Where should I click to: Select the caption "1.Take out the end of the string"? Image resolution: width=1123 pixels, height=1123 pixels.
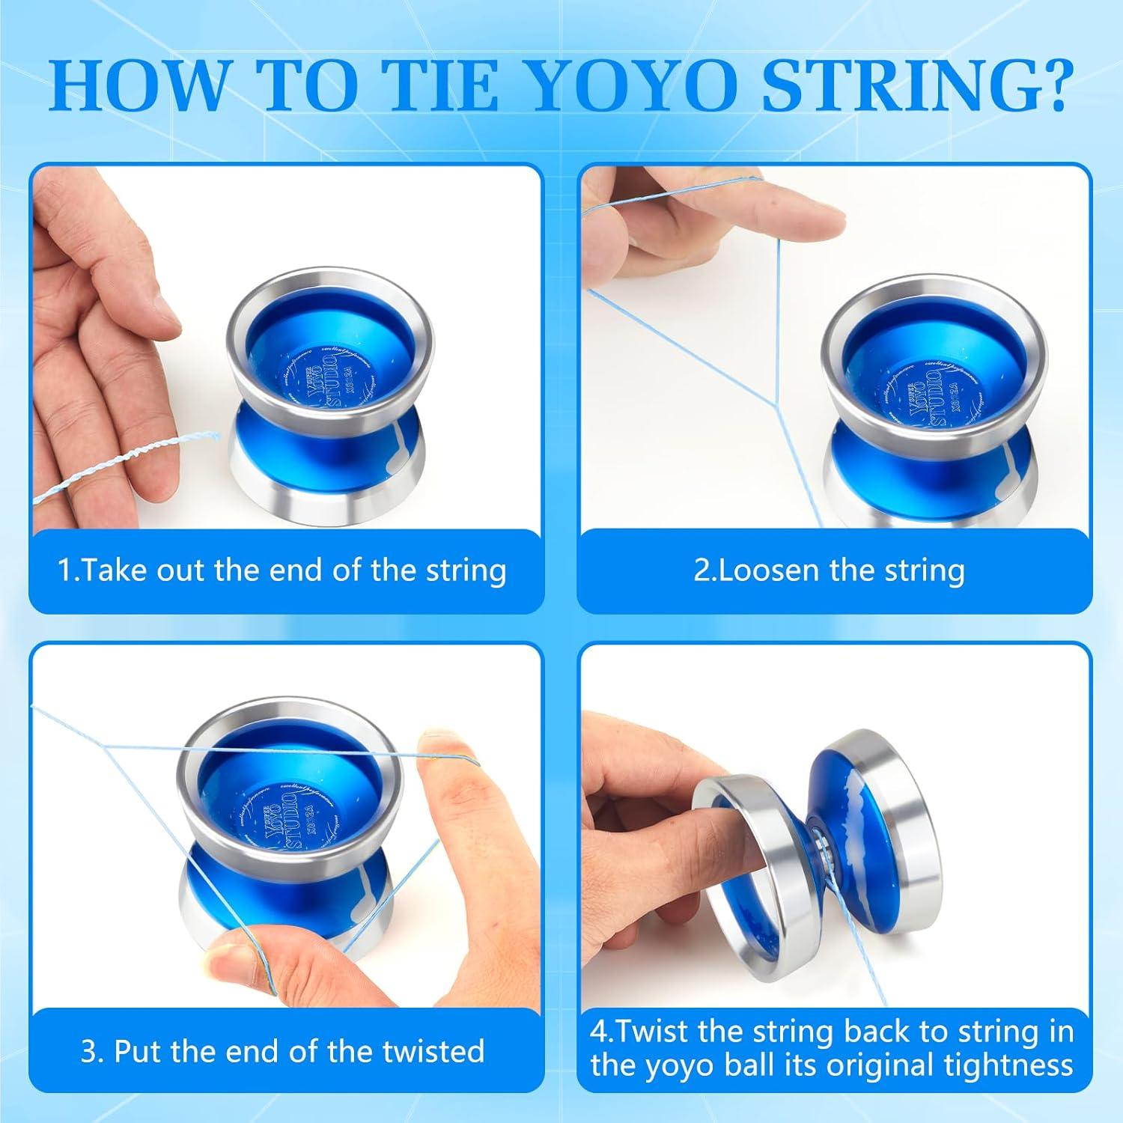pyautogui.click(x=282, y=570)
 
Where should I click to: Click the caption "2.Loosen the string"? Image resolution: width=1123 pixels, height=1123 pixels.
pyautogui.click(x=829, y=570)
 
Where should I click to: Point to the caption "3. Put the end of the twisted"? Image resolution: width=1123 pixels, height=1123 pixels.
pyautogui.click(x=282, y=1051)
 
